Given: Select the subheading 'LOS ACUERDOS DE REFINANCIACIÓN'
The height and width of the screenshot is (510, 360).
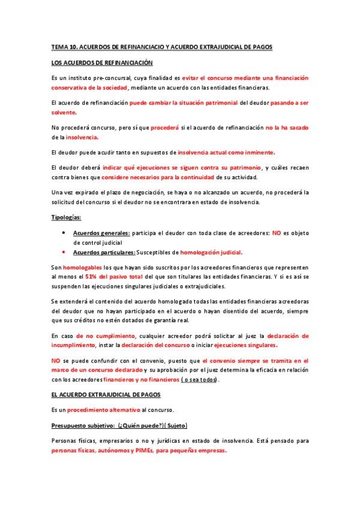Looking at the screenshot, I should [102, 63].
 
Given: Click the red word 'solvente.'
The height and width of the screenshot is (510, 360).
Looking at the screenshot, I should [64, 112].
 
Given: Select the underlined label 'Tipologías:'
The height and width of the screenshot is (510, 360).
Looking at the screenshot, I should [67, 218].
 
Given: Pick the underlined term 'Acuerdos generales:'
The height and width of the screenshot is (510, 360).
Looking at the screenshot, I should [99, 233].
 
